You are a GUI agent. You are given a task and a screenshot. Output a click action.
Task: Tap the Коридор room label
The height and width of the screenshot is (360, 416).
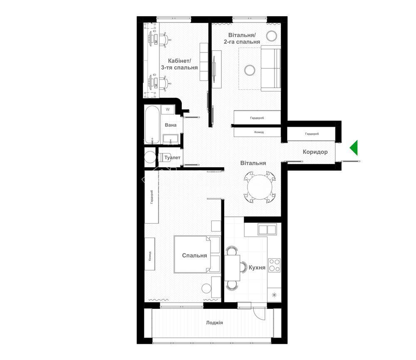coord(315,152)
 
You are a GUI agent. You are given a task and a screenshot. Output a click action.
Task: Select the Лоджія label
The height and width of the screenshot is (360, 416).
coord(214,323)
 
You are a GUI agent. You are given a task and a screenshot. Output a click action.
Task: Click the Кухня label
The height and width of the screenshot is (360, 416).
coord(257,267)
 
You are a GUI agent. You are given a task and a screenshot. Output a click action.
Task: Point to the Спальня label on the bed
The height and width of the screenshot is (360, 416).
coord(194,256)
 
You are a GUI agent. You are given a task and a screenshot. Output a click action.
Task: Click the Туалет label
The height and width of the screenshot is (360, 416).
coord(172,158)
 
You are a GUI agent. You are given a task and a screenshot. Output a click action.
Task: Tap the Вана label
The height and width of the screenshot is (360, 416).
coord(171,125)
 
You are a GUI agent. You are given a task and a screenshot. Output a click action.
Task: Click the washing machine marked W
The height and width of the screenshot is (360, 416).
coord(168,109)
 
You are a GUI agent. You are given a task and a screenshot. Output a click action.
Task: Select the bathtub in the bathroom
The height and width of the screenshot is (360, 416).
coord(152,124)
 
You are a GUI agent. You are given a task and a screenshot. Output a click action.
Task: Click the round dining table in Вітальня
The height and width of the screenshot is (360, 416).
coord(260,187)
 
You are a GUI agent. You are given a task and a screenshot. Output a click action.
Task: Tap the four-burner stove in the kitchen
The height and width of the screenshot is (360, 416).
coord(274,265)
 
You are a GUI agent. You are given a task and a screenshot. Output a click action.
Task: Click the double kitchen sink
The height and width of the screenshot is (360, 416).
coord(267,229)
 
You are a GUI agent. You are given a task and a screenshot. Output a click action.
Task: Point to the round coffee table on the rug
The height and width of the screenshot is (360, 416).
coord(250,70)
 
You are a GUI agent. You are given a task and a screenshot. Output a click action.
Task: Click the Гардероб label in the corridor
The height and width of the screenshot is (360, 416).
coord(312,134)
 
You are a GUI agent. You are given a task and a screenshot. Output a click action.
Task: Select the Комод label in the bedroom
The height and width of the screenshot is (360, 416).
coord(150,256)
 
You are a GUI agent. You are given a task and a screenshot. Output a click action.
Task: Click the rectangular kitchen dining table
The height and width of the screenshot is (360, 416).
coord(233,268)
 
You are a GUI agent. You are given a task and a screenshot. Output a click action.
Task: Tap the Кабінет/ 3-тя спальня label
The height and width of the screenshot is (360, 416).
coord(179,64)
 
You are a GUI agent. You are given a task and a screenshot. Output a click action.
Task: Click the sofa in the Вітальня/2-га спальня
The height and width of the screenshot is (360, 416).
coord(271,68)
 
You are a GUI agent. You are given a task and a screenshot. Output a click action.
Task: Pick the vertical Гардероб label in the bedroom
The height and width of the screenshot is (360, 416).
coord(152,197)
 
